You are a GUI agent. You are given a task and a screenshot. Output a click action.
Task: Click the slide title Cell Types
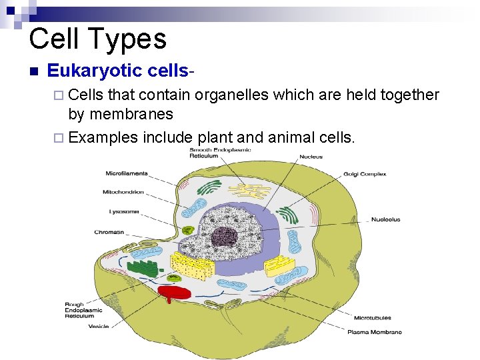pyautogui.click(x=97, y=39)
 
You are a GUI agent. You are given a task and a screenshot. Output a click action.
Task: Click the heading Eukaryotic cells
pyautogui.click(x=121, y=71)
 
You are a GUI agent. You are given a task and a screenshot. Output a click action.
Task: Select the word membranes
pyautogui.click(x=131, y=115)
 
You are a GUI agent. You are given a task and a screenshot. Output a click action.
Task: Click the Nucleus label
pyautogui.click(x=311, y=157)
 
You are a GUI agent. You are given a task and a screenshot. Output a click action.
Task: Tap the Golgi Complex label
pyautogui.click(x=364, y=174)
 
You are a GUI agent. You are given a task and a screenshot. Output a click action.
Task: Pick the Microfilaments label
pyautogui.click(x=127, y=173)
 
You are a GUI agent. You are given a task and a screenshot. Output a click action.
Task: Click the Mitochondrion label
pyautogui.click(x=123, y=192)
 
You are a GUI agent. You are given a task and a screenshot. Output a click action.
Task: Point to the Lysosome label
pyautogui.click(x=124, y=212)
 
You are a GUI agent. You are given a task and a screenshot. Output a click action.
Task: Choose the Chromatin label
pyautogui.click(x=109, y=232)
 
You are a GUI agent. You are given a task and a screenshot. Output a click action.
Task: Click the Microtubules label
pyautogui.click(x=372, y=317)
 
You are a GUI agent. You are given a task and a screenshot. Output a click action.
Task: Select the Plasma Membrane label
pyautogui.click(x=374, y=331)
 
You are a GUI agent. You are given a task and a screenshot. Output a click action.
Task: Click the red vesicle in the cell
pyautogui.click(x=174, y=292)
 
